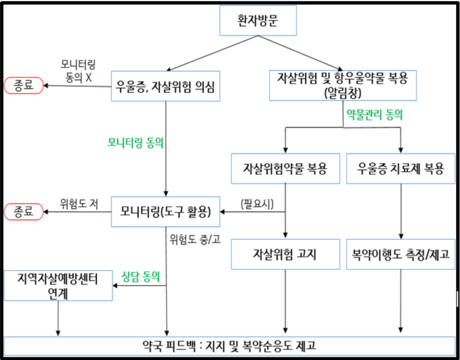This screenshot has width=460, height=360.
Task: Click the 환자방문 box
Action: pyautogui.click(x=258, y=20)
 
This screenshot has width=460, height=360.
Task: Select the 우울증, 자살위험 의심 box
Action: pyautogui.click(x=166, y=85)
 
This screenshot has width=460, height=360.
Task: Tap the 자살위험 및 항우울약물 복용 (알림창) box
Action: pyautogui.click(x=343, y=85)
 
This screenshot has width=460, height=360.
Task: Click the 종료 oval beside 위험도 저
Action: pyautogui.click(x=24, y=211)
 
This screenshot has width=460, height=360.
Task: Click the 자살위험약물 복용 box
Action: pyautogui.click(x=285, y=168)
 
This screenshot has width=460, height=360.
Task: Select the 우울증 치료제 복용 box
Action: pyautogui.click(x=400, y=168)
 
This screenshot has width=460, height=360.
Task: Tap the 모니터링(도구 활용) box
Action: pyautogui.click(x=166, y=211)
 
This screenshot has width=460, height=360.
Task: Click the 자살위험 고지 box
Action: pyautogui.click(x=285, y=254)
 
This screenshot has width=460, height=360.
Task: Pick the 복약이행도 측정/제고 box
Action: pyautogui.click(x=400, y=254)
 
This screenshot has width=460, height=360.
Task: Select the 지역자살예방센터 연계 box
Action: pyautogui.click(x=58, y=285)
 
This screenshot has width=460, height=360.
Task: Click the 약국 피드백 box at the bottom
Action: pyautogui.click(x=230, y=346)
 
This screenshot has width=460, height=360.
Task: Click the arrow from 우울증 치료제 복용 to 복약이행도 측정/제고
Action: pyautogui.click(x=401, y=210)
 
